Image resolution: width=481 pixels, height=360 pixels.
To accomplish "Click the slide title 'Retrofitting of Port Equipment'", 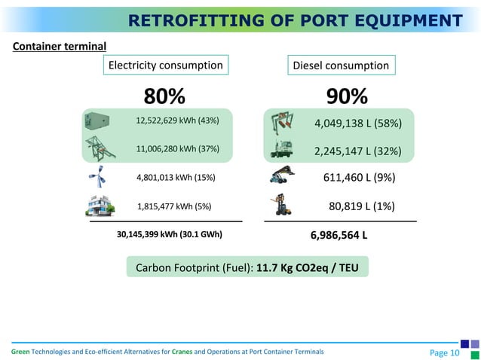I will click(x=295, y=20).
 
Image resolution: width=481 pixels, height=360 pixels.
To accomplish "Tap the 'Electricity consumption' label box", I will click(x=166, y=66).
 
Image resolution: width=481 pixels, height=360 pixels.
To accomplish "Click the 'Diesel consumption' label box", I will click(x=340, y=66).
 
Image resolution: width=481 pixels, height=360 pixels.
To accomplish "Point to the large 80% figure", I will click(x=164, y=96).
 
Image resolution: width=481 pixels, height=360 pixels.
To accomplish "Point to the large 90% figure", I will click(x=347, y=96).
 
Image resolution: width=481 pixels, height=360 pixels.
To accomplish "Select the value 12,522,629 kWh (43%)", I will click(x=177, y=121).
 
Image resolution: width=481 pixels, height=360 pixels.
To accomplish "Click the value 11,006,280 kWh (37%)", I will click(x=177, y=148).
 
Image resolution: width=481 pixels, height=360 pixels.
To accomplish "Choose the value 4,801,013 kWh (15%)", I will click(x=176, y=178).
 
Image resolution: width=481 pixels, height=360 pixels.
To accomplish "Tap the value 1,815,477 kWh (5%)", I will click(x=174, y=206).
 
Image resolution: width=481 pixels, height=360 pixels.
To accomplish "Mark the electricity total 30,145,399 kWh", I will click(x=170, y=234).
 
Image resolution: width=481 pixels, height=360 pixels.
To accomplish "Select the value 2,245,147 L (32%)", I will click(x=357, y=151).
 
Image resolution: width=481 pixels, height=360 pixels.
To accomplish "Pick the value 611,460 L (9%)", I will click(x=359, y=178).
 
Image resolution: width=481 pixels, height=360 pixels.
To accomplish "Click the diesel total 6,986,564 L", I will click(x=339, y=235).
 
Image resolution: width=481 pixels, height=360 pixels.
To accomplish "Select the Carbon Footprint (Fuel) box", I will click(x=247, y=267).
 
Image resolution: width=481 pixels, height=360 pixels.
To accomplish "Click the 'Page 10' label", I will click(x=444, y=352).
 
